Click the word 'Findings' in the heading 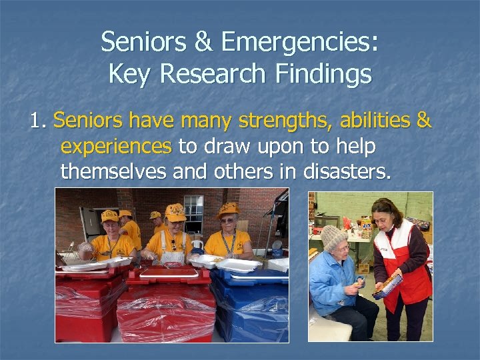(323, 73)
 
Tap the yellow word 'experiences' (115, 146)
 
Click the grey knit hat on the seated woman (333, 237)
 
